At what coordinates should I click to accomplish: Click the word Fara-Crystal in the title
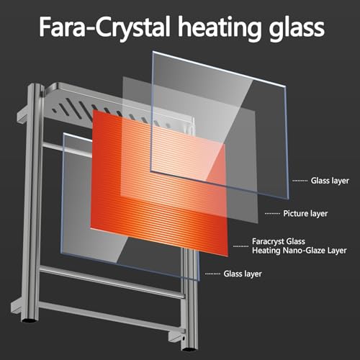click(x=104, y=27)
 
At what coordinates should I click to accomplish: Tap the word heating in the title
click(x=219, y=28)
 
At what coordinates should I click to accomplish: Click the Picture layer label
click(x=305, y=213)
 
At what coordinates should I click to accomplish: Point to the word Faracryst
click(x=268, y=241)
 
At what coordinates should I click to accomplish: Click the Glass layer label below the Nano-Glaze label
click(x=243, y=274)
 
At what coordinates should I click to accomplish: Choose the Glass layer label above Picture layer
click(x=330, y=181)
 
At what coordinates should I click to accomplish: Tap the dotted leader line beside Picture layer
click(x=272, y=214)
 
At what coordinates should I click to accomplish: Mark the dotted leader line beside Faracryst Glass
click(x=241, y=246)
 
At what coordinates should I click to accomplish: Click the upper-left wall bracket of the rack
click(x=23, y=117)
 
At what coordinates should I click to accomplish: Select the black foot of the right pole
click(x=189, y=348)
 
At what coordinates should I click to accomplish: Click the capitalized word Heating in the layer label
click(x=266, y=251)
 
